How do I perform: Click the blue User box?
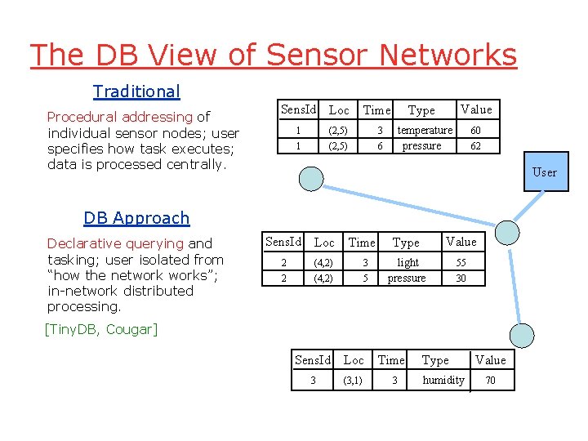pyautogui.click(x=544, y=171)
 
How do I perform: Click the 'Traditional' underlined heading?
pyautogui.click(x=136, y=91)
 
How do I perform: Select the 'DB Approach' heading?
pyautogui.click(x=136, y=218)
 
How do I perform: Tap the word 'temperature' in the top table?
pyautogui.click(x=425, y=131)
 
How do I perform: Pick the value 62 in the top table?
pyautogui.click(x=475, y=146)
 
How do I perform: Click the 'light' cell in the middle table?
pyautogui.click(x=408, y=262)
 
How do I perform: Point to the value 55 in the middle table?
pyautogui.click(x=461, y=262)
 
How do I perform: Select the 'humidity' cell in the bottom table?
pyautogui.click(x=443, y=380)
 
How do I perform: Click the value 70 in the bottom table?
pyautogui.click(x=490, y=380)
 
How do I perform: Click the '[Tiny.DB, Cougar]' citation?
pyautogui.click(x=100, y=329)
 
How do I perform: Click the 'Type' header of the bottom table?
pyautogui.click(x=435, y=360)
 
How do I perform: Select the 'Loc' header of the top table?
pyautogui.click(x=338, y=110)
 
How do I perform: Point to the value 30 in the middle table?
pyautogui.click(x=461, y=278)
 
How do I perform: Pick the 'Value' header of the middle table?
pyautogui.click(x=461, y=242)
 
